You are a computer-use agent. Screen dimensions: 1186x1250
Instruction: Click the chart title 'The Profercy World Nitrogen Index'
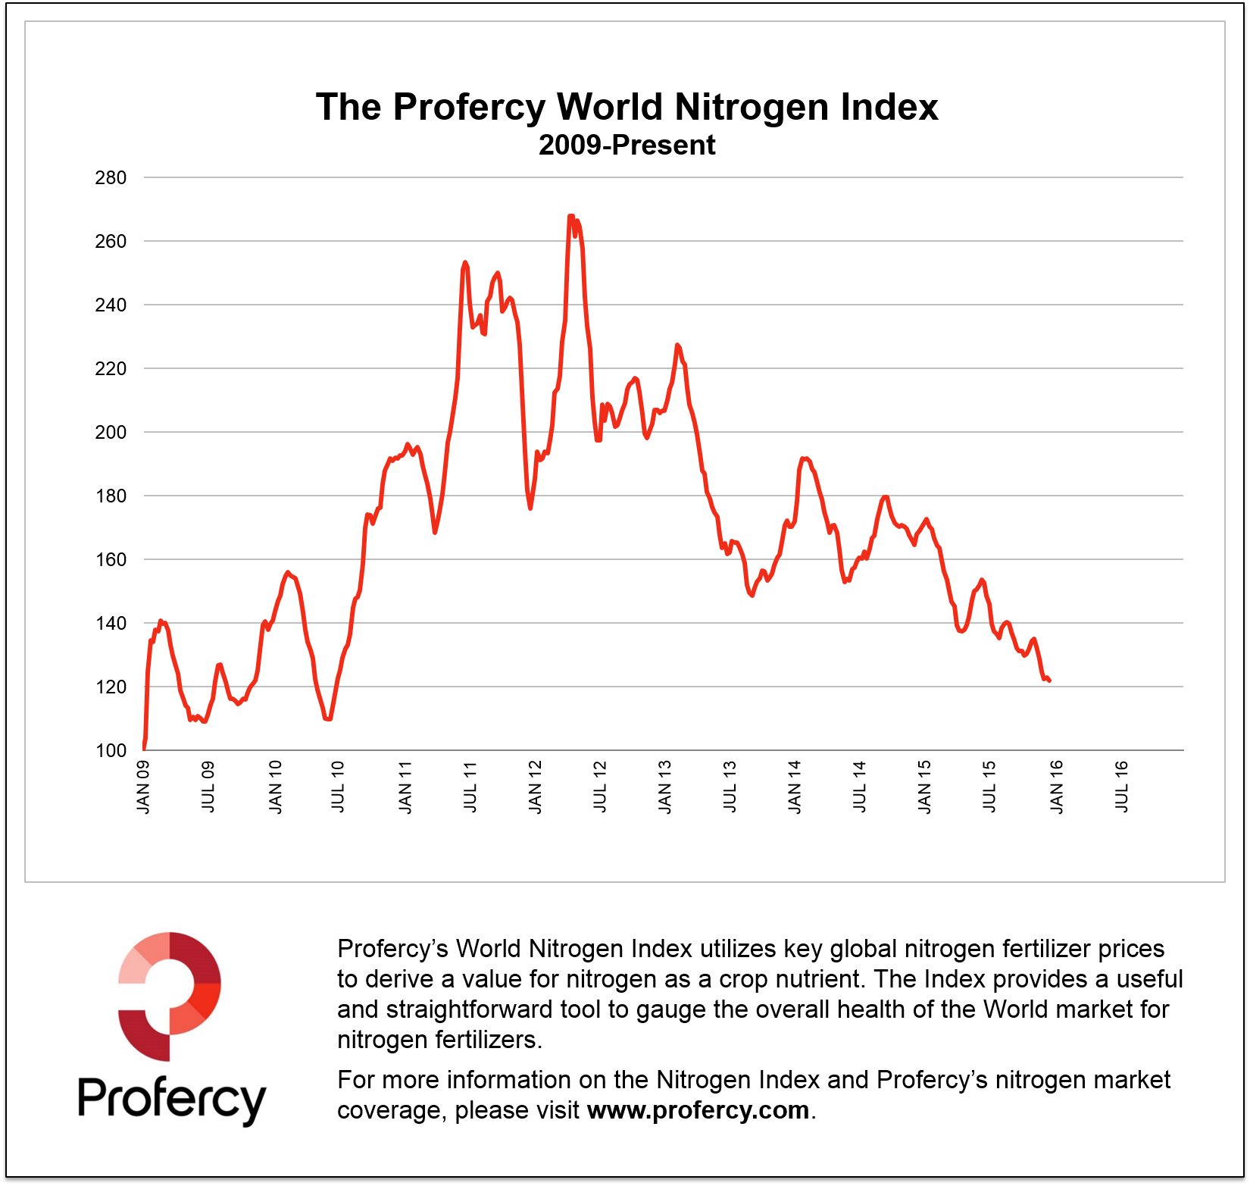click(627, 107)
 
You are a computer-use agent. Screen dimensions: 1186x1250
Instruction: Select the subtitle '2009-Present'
click(627, 145)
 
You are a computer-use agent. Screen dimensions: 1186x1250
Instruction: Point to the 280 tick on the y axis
click(111, 178)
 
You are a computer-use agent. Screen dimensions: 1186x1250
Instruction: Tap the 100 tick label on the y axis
click(111, 750)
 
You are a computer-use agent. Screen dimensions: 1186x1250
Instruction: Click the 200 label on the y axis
click(111, 432)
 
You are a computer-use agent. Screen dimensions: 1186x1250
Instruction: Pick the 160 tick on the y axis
click(111, 559)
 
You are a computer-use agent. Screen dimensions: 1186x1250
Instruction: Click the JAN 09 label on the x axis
click(143, 787)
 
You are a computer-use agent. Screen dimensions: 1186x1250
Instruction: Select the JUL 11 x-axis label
click(470, 787)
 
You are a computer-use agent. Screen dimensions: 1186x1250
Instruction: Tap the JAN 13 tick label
click(664, 787)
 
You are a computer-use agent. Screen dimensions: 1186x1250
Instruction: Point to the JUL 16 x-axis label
click(1122, 787)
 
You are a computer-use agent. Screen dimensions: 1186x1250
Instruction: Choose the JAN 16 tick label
click(1056, 787)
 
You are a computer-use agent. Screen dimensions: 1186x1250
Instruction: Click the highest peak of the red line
click(570, 217)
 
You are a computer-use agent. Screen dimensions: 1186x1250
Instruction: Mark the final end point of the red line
click(1048, 681)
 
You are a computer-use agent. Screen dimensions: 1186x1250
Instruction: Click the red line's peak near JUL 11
click(465, 263)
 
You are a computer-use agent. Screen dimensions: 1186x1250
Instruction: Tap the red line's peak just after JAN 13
click(677, 346)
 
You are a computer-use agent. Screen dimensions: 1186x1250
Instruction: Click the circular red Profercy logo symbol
click(170, 996)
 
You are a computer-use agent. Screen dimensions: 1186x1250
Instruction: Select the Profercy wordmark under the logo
click(172, 1098)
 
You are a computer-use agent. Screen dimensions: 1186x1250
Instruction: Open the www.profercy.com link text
click(698, 1110)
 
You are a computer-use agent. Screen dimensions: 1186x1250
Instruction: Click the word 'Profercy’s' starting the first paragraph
click(392, 949)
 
